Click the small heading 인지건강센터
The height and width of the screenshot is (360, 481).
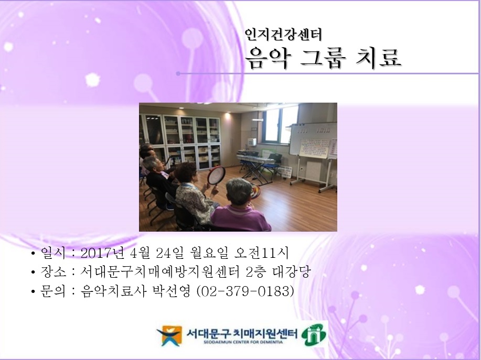(283, 35)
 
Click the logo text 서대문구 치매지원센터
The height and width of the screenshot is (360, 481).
(241, 332)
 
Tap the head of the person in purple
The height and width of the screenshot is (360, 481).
(239, 190)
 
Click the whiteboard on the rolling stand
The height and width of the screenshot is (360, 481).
(313, 140)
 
